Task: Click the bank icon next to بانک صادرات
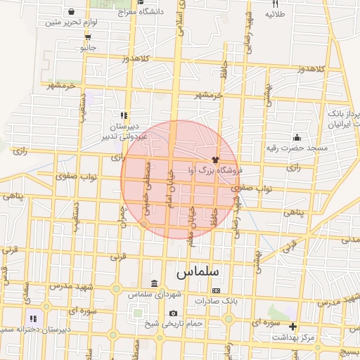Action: (215, 290)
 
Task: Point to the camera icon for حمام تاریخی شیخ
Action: (173, 313)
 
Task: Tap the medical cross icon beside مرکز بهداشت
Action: (293, 327)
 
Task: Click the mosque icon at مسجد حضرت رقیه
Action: (297, 137)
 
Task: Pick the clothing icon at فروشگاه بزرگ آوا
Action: (215, 160)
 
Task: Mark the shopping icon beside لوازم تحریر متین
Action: (72, 11)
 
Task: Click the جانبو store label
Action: (87, 48)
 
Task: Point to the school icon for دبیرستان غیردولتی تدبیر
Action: (124, 115)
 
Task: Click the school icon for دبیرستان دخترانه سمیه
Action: (32, 319)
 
